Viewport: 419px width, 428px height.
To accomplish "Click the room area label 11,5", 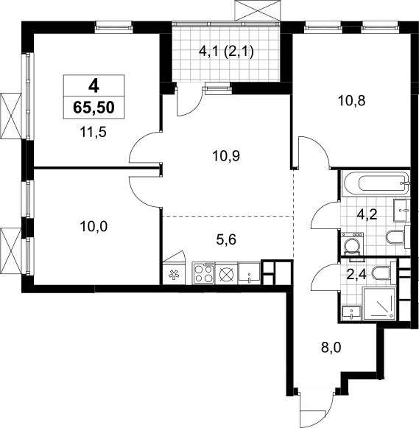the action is click(x=94, y=133).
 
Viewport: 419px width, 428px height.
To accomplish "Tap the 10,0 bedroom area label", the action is click(x=94, y=227).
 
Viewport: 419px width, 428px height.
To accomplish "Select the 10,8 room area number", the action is click(x=352, y=101).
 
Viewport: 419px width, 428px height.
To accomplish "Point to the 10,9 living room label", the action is click(x=226, y=156).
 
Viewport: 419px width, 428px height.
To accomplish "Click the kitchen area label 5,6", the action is click(x=226, y=240).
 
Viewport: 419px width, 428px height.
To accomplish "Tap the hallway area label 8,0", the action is click(x=331, y=348).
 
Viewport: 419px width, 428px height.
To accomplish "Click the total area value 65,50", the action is click(x=94, y=108).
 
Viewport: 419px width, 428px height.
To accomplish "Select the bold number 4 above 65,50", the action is click(x=94, y=86).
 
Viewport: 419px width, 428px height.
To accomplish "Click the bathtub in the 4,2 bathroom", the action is click(x=376, y=183).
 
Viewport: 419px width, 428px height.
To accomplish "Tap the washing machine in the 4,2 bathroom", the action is click(x=353, y=244).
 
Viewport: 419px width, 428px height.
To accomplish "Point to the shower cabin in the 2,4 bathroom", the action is click(x=379, y=304).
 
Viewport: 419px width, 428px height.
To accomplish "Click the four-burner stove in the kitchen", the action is click(x=203, y=273).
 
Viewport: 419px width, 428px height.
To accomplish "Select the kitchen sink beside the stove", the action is click(x=250, y=273).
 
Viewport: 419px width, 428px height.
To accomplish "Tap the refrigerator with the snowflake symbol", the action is click(x=174, y=274).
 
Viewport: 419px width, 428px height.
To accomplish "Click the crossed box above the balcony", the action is click(x=258, y=10).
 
